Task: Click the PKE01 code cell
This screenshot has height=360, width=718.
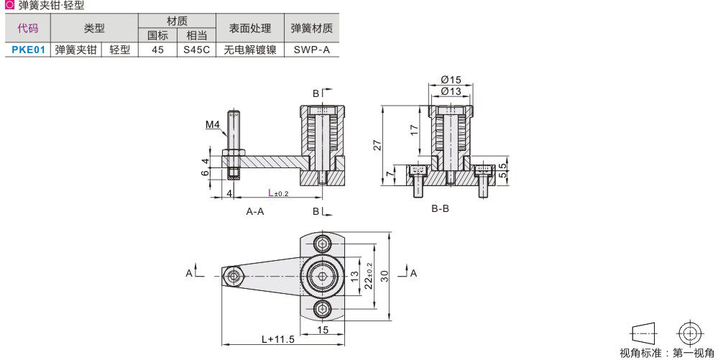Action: pyautogui.click(x=29, y=50)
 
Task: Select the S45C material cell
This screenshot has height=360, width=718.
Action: pyautogui.click(x=195, y=50)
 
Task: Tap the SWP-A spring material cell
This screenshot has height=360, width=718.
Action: pyautogui.click(x=311, y=50)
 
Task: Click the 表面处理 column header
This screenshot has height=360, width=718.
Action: pyautogui.click(x=249, y=29)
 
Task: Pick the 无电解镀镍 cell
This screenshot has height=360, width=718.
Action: pyautogui.click(x=249, y=50)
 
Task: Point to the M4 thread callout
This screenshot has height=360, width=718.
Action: pyautogui.click(x=212, y=125)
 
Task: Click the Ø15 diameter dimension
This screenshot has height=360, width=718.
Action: pyautogui.click(x=451, y=79)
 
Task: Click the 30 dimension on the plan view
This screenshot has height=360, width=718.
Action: pyautogui.click(x=385, y=277)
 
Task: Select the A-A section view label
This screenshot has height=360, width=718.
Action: pyautogui.click(x=255, y=211)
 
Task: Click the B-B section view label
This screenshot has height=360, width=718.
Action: pyautogui.click(x=440, y=209)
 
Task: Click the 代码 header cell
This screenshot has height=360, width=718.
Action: pyautogui.click(x=28, y=29)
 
